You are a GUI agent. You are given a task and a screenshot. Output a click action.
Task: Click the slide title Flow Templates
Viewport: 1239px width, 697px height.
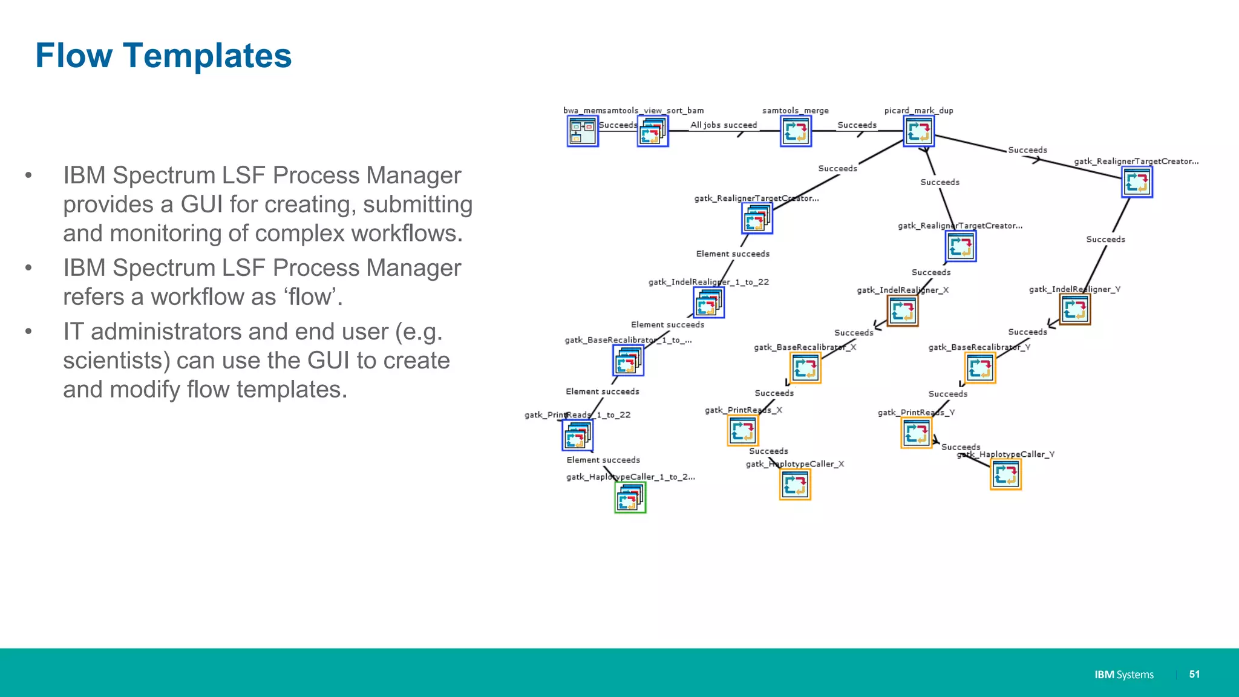[x=163, y=56]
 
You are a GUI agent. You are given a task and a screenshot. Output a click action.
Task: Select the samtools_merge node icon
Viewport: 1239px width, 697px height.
[x=796, y=131]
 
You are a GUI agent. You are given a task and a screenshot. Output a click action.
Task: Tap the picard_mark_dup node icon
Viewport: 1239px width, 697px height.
[x=918, y=131]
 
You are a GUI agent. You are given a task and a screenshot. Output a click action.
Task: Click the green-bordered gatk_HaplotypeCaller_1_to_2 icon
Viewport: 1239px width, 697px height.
[x=630, y=498]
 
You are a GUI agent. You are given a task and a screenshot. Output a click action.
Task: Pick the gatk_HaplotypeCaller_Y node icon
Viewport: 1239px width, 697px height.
[x=1005, y=474]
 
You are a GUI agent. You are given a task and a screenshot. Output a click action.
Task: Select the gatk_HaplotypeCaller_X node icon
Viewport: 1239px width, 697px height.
[x=795, y=485]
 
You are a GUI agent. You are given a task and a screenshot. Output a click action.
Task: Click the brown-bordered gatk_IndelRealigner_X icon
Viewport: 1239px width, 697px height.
[x=903, y=311]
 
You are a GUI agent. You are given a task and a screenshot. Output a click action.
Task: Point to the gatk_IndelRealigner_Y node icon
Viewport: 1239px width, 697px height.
[x=1075, y=310]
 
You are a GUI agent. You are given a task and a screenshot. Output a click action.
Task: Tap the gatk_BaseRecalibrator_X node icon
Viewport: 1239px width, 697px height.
[x=805, y=368]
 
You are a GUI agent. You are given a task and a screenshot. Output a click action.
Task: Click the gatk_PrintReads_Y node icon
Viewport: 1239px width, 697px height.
[x=916, y=433]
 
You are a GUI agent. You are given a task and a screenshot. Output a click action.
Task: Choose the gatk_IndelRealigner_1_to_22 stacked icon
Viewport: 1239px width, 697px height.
[x=708, y=303]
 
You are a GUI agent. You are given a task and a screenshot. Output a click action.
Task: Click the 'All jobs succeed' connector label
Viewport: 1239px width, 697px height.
[x=724, y=125]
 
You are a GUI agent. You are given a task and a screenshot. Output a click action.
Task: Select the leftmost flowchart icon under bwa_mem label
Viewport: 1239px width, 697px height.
[x=583, y=131]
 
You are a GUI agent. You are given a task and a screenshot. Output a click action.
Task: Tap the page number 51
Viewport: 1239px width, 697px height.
[x=1194, y=674]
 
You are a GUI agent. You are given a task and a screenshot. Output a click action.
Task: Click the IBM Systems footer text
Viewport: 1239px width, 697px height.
[x=1123, y=675]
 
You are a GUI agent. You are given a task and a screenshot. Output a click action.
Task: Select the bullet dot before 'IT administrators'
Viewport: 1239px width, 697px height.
[x=28, y=332]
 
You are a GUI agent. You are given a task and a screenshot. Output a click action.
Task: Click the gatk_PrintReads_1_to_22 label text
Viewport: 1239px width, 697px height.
[x=577, y=415]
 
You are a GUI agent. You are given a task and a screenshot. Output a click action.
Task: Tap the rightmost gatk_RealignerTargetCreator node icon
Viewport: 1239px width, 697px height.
[x=1137, y=182]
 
